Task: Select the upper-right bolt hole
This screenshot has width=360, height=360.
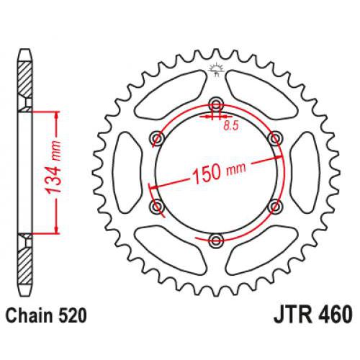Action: [275, 137]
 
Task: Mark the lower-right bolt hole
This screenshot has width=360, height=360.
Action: [275, 207]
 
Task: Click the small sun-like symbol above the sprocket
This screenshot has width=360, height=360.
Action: [213, 70]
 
